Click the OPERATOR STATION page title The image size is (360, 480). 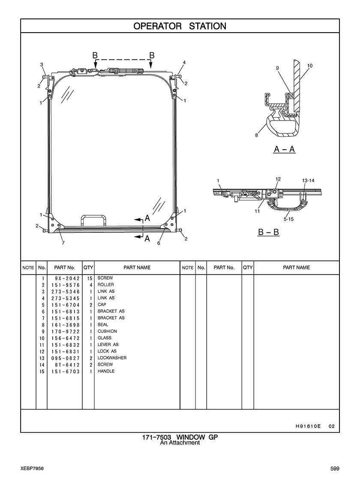(180, 26)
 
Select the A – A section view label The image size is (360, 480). (285, 149)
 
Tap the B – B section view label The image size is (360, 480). (269, 232)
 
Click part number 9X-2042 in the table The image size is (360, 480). (66, 278)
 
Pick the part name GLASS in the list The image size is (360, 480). (104, 338)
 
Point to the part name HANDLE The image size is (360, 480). (106, 371)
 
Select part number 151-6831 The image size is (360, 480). (66, 351)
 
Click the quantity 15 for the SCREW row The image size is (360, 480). (90, 278)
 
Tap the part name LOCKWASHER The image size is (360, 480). (112, 358)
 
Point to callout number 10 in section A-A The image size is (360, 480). (309, 66)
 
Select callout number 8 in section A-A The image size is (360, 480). (257, 135)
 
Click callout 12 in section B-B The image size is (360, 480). (278, 179)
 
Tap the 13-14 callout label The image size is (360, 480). (308, 181)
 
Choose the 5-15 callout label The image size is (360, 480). (288, 219)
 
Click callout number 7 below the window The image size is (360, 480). (63, 243)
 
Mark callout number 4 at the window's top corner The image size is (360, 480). (184, 63)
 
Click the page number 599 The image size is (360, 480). (335, 469)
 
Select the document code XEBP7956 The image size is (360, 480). (32, 469)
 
